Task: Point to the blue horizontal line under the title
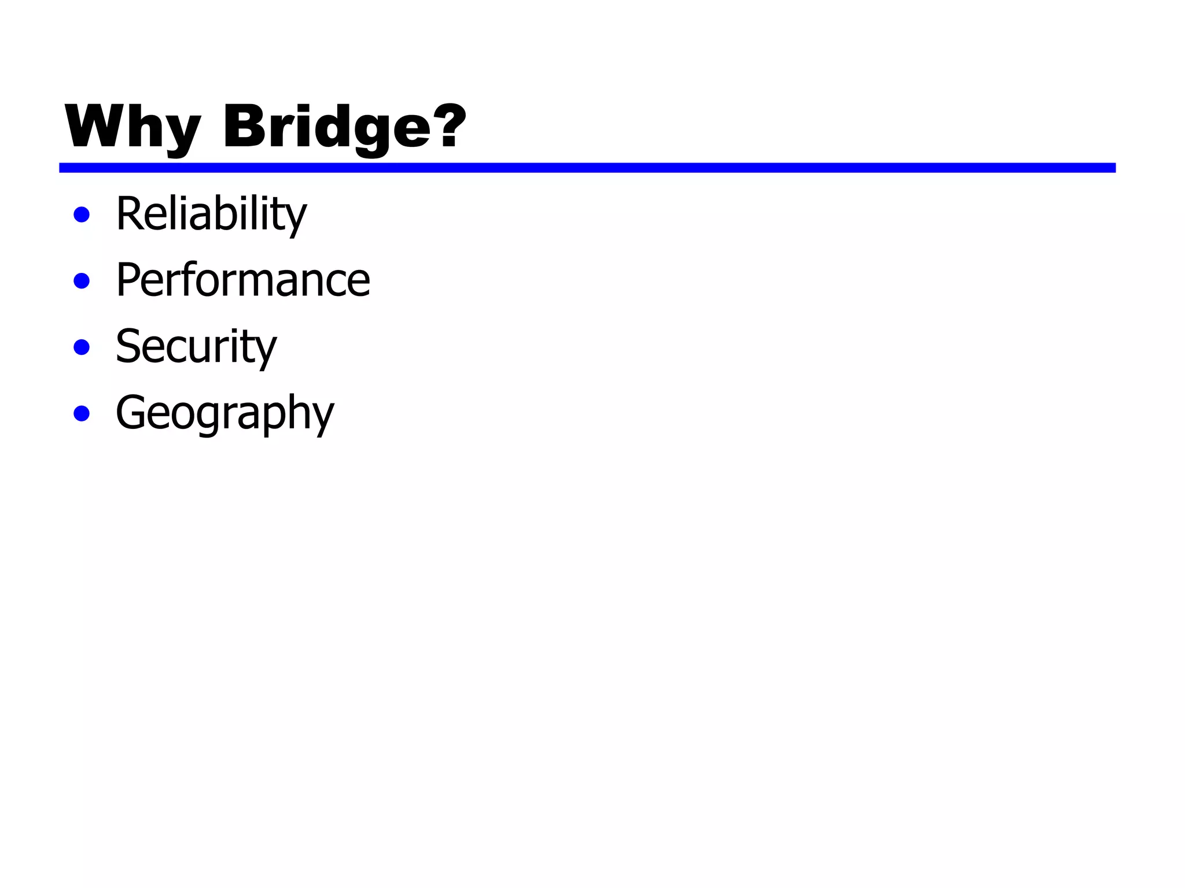click(x=587, y=168)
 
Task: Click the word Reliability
click(x=211, y=214)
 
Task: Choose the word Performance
click(x=242, y=280)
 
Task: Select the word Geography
click(x=225, y=414)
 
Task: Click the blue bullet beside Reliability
click(x=82, y=215)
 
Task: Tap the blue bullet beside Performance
click(x=82, y=281)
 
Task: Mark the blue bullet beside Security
click(x=82, y=347)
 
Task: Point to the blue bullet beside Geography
click(x=82, y=414)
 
